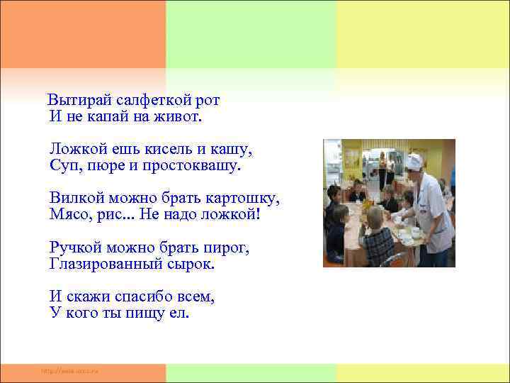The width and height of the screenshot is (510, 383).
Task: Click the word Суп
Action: (x=62, y=165)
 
